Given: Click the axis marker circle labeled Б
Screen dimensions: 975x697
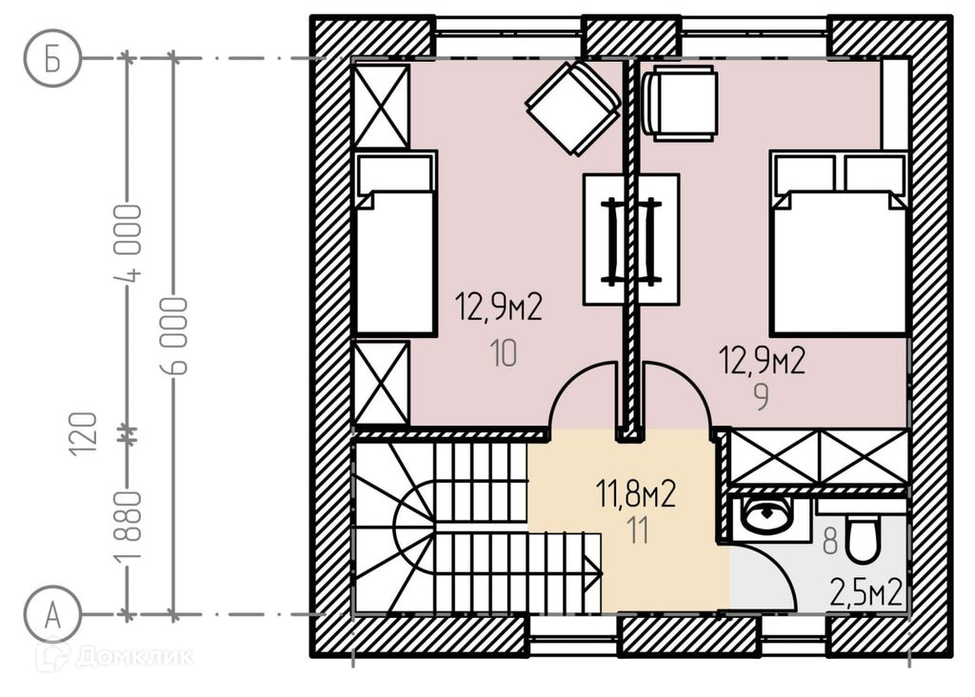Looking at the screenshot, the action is click(53, 58).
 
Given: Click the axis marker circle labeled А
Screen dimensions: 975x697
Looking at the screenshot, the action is click(53, 615).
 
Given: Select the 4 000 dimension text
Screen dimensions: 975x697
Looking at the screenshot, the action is click(129, 243).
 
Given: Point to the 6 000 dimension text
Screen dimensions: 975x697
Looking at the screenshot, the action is click(174, 335).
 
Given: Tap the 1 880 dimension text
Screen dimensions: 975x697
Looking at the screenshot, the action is click(129, 526).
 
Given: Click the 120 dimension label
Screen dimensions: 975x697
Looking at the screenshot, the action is click(84, 434).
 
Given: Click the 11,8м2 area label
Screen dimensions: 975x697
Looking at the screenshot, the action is click(635, 494).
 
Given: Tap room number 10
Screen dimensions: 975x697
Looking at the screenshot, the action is click(503, 353).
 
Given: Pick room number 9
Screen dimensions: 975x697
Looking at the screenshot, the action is click(761, 397).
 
